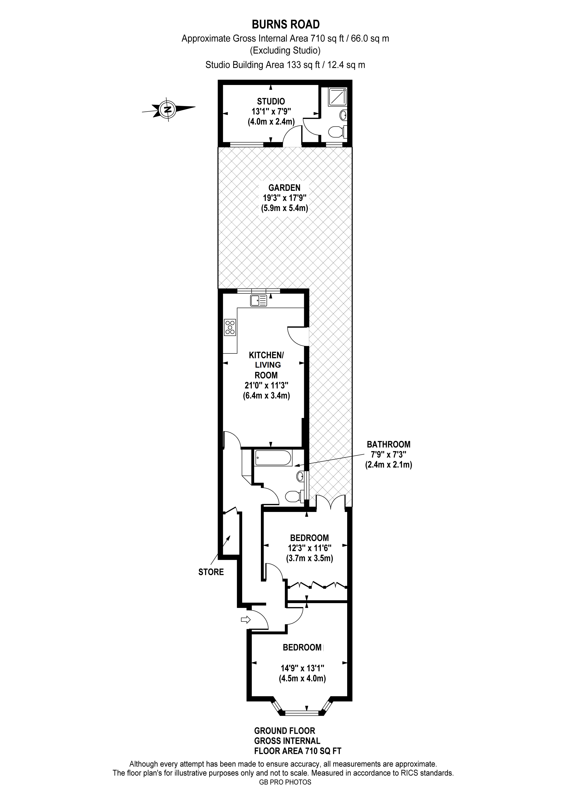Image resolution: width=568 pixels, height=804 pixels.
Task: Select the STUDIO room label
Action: pyautogui.click(x=271, y=101)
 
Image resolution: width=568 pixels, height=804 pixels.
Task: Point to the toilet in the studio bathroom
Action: pyautogui.click(x=338, y=132)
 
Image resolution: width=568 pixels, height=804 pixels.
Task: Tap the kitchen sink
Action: pyautogui.click(x=258, y=300)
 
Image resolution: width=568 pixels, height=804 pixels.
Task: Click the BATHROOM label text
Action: pyautogui.click(x=389, y=444)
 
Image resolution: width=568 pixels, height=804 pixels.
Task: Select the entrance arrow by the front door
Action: pyautogui.click(x=246, y=619)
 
